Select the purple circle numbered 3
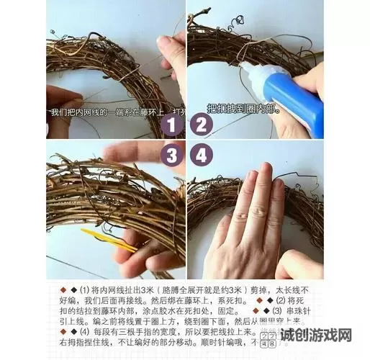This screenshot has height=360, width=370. (x=171, y=155)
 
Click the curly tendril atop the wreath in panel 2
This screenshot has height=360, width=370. (x=238, y=22)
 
